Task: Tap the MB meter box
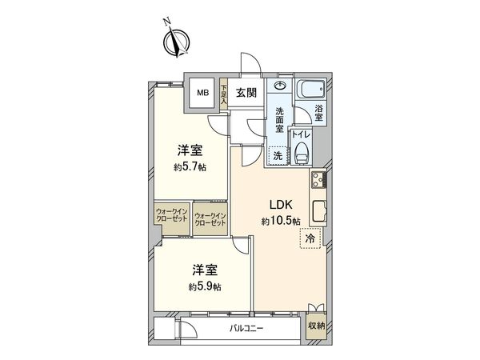204,93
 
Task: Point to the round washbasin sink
280,86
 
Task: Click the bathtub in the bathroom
309,90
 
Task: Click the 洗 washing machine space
277,156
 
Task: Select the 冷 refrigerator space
308,238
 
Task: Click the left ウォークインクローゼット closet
170,217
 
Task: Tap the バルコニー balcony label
246,328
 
